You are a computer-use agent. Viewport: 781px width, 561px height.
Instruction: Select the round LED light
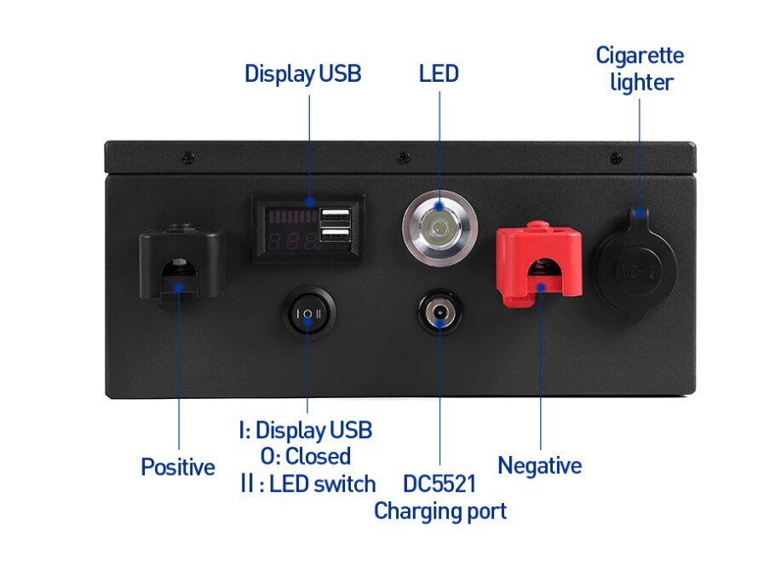tap(439, 228)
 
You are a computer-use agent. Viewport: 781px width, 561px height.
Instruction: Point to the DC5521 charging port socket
tap(440, 313)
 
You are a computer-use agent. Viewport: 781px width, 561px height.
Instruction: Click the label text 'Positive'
tap(177, 467)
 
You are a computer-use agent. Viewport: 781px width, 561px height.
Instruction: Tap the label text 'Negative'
tap(539, 466)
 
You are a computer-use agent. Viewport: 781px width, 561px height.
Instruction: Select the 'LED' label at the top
tap(439, 74)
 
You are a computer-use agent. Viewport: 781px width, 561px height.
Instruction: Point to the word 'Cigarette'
tap(639, 56)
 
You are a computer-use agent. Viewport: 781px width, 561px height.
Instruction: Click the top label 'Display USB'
tap(302, 74)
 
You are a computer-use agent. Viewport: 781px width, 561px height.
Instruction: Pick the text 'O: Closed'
tap(305, 456)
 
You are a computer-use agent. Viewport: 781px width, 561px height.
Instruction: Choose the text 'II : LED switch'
tap(307, 484)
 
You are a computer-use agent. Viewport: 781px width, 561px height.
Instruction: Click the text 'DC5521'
tap(439, 484)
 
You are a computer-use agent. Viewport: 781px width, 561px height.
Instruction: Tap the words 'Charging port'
tap(439, 512)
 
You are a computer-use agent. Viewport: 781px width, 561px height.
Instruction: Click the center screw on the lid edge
tap(402, 157)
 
